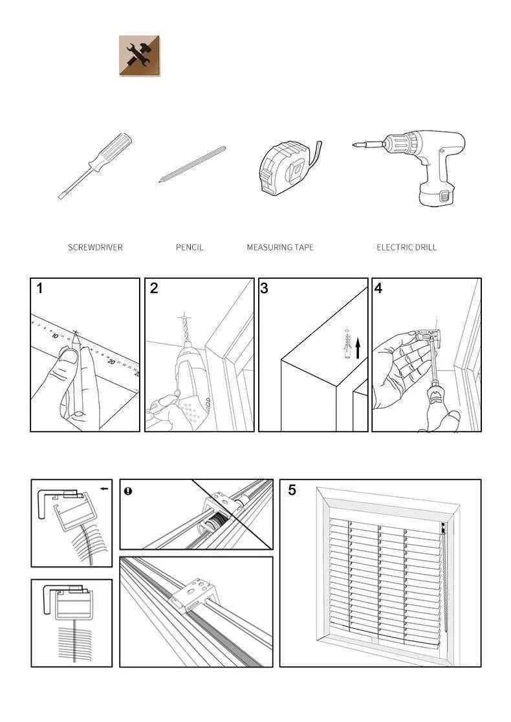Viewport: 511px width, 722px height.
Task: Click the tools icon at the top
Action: coord(140,56)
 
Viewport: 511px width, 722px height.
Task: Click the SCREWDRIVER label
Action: coord(95,247)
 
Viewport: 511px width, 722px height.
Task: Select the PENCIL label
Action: coord(190,247)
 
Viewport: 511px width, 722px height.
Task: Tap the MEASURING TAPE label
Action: coord(280,247)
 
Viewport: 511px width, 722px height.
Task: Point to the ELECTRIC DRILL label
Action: coord(406,247)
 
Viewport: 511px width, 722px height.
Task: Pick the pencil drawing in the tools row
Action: coord(192,164)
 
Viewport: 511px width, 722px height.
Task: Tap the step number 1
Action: coord(40,289)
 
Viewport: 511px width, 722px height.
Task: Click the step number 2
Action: coord(154,289)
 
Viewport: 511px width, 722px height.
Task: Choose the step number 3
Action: coord(264,289)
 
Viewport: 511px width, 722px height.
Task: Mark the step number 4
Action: coord(378,289)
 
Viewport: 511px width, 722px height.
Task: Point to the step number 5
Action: coord(292,490)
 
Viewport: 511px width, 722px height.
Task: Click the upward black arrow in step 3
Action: coord(357,348)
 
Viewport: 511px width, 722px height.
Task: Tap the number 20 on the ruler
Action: coord(112,362)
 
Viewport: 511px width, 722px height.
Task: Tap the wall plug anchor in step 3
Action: coord(347,344)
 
